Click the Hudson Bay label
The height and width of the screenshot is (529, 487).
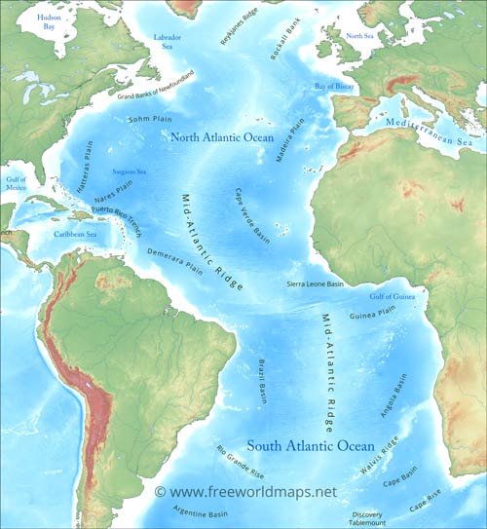pos(46,23)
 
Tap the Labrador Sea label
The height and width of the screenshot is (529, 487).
pos(169,40)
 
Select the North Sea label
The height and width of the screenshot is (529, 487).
pos(360,36)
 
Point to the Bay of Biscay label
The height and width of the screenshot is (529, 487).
pos(334,87)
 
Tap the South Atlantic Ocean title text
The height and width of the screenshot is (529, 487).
pos(310,446)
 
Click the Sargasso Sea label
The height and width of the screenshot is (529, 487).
pos(130,170)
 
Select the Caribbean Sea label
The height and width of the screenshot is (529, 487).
pos(75,235)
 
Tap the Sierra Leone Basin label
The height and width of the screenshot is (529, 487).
pos(315,283)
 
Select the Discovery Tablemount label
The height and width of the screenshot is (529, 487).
pos(367,518)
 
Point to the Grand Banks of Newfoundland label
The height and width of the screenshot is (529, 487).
pos(156,85)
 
